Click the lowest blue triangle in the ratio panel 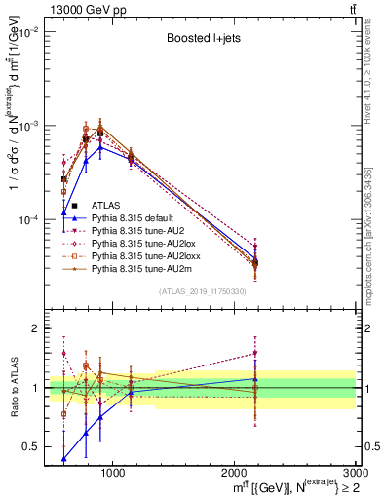(x=64, y=457)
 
